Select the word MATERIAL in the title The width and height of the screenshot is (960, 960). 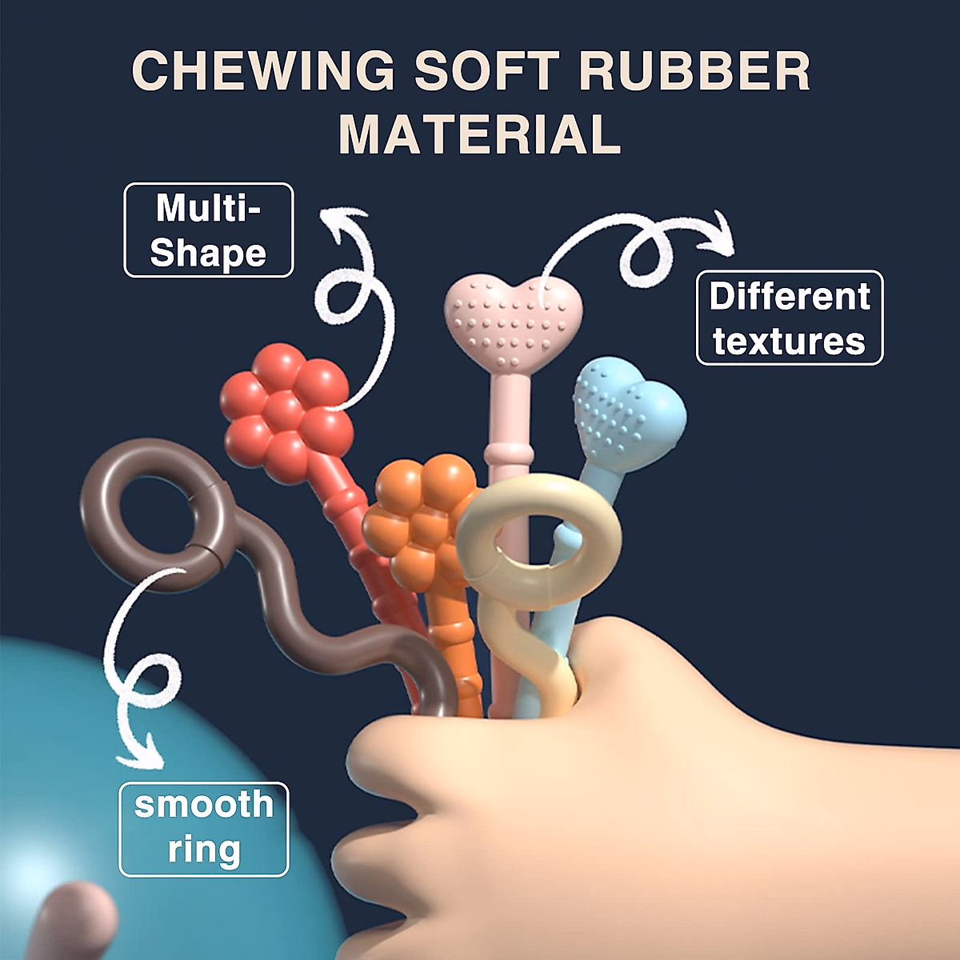pos(479,134)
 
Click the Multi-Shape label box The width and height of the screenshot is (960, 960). pos(208,230)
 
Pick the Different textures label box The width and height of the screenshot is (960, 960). pos(790,318)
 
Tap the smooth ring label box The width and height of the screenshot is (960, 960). pos(203,829)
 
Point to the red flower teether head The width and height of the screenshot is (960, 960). pos(286,412)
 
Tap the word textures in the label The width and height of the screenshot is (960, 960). pos(790,341)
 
